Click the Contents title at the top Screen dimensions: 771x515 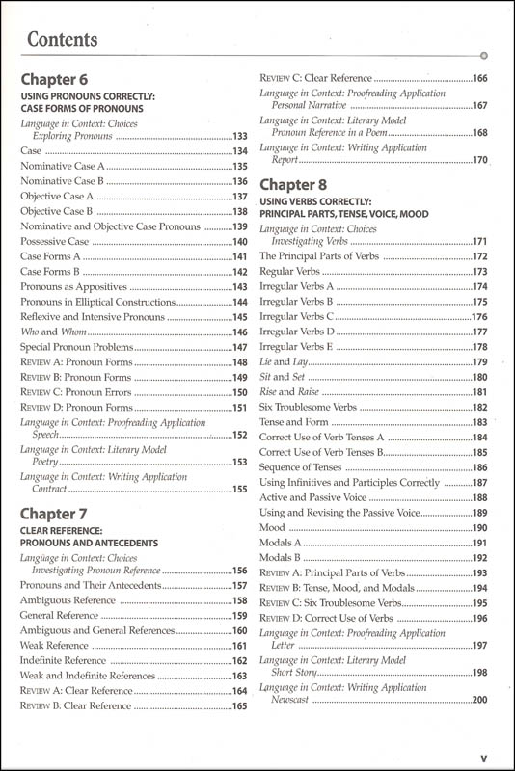(x=63, y=40)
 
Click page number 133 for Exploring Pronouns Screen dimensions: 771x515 (x=240, y=137)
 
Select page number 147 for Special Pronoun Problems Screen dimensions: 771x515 (x=240, y=347)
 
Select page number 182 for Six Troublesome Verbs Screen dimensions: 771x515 (x=479, y=407)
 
